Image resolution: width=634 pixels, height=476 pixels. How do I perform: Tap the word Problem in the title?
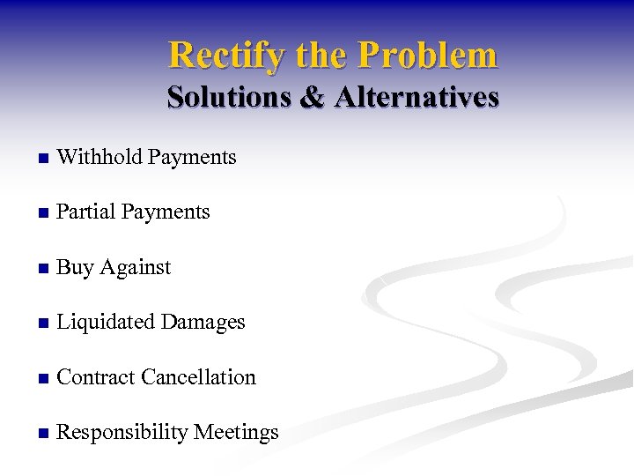pos(428,56)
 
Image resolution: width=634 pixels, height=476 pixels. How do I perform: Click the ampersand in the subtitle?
pos(312,97)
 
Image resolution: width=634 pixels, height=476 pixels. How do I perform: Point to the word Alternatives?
pos(416,97)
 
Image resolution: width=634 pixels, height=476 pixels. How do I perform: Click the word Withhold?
pos(99,158)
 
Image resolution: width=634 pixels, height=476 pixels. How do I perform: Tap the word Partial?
pos(85,212)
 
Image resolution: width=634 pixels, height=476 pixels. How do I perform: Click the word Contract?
pos(95,377)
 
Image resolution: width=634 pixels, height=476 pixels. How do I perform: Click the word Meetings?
pos(236,433)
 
